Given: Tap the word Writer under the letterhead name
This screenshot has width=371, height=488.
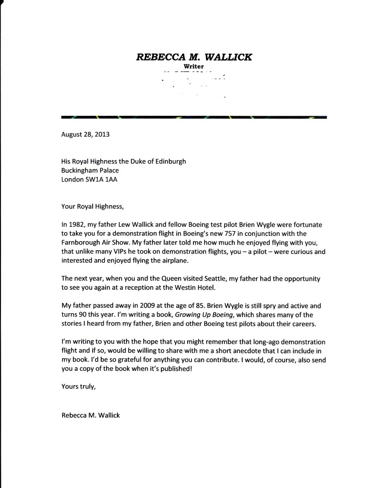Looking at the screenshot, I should pos(194,66).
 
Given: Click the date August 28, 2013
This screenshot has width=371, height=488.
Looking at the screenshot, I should pos(85,134).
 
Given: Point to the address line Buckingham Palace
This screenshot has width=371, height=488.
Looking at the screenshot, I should pos(90,170).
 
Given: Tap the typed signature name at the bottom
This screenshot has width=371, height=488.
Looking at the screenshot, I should pos(91,415).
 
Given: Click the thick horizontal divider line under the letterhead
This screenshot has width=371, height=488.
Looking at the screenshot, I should pos(194,117).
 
